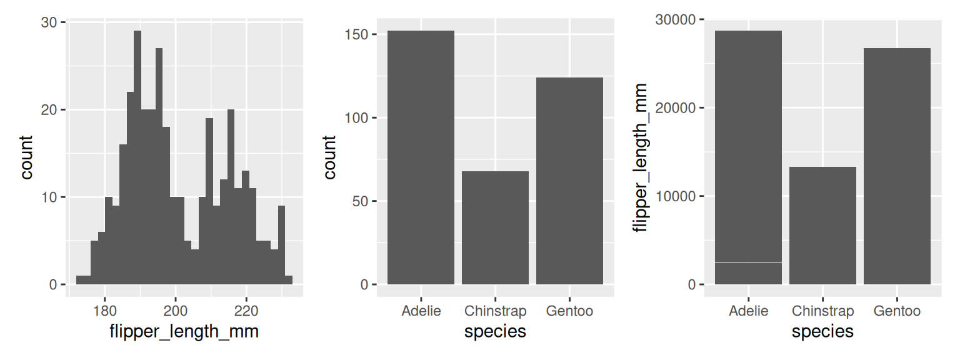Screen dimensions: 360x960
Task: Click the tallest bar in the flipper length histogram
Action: pyautogui.click(x=137, y=156)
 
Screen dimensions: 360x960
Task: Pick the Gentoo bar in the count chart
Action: pyautogui.click(x=569, y=181)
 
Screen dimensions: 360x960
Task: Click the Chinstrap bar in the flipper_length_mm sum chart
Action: pyautogui.click(x=822, y=226)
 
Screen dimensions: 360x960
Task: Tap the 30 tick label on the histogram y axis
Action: pyautogui.click(x=49, y=22)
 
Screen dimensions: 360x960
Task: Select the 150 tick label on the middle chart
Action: pyautogui.click(x=357, y=34)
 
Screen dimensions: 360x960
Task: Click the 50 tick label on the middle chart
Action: pyautogui.click(x=361, y=201)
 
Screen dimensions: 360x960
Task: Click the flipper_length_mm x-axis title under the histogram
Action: pyautogui.click(x=185, y=332)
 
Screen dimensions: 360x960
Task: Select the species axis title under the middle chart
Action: pyautogui.click(x=495, y=332)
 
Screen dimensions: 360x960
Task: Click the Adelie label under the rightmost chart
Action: pyautogui.click(x=748, y=311)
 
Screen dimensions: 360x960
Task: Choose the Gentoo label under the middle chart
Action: pyautogui.click(x=569, y=311)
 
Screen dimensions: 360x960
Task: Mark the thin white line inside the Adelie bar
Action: pyautogui.click(x=748, y=262)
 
